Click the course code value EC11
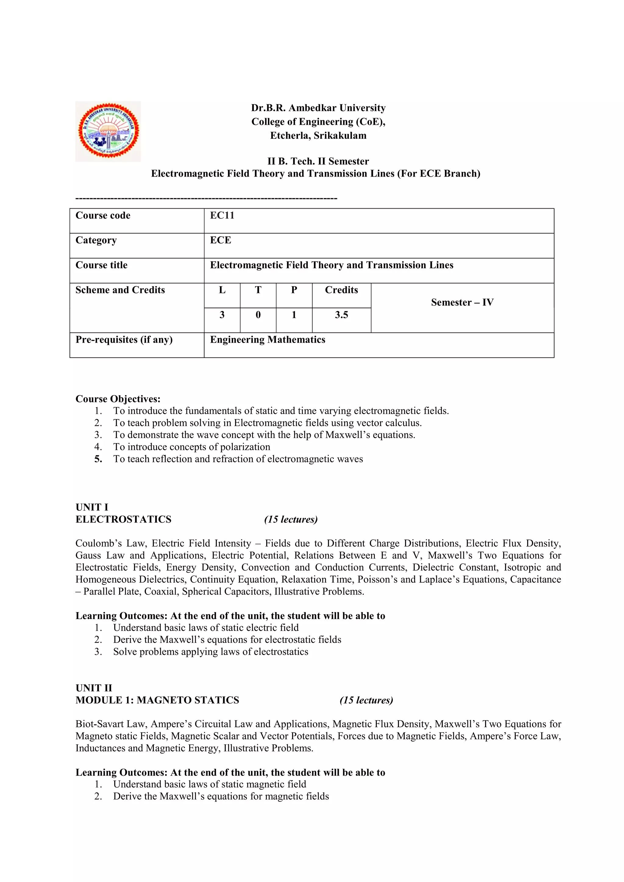222,216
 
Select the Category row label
96,241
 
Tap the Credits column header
341,290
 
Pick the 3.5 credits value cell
341,315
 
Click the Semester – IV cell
462,302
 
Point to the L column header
222,290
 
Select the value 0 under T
258,315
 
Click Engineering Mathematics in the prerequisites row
268,340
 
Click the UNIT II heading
94,688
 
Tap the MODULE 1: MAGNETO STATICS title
157,700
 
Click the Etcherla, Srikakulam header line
318,136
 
